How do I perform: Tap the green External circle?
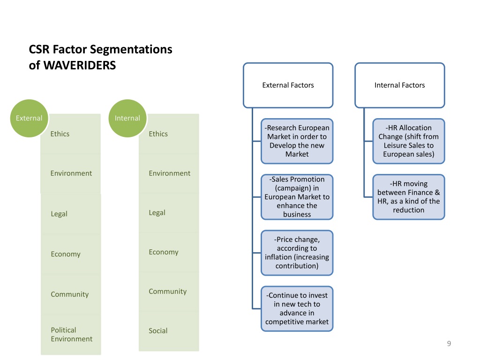click(x=29, y=118)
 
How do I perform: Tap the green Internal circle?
click(x=127, y=118)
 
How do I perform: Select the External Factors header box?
click(x=288, y=85)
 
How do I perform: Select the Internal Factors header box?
click(x=399, y=85)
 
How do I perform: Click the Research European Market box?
click(x=297, y=141)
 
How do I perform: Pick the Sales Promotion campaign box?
click(x=297, y=197)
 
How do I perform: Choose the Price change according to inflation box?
click(x=297, y=253)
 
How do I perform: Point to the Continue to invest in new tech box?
click(x=297, y=308)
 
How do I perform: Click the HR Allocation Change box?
click(x=408, y=141)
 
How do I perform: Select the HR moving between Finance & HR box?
click(x=408, y=197)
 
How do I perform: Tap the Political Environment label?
click(x=71, y=334)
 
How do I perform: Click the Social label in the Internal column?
click(x=158, y=330)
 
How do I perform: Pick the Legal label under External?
click(x=59, y=214)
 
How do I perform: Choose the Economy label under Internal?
click(x=164, y=252)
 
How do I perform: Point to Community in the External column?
click(x=69, y=294)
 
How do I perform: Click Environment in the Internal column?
click(x=169, y=173)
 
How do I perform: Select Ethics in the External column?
click(x=60, y=134)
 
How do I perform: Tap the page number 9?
click(x=449, y=344)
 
